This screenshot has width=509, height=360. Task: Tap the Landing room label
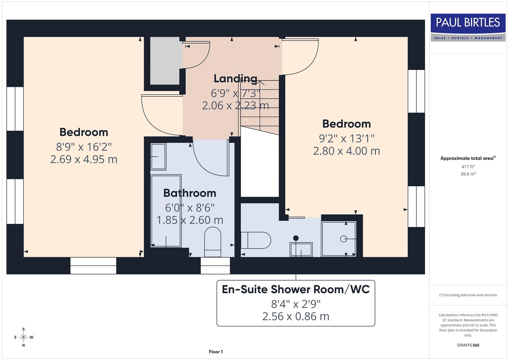coord(235,79)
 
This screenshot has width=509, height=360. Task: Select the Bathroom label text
coord(190,193)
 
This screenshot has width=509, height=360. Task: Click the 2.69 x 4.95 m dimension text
coord(84,159)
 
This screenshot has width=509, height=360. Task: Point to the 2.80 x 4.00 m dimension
coord(346,151)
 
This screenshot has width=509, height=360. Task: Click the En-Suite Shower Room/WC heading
coord(296,289)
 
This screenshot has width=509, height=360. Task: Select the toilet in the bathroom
coord(212,242)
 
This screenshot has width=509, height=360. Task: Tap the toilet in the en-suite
coord(256,240)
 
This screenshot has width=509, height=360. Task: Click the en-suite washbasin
coord(301,249)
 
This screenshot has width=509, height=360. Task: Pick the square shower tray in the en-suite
coord(339,239)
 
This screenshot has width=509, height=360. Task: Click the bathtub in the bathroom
coord(166,211)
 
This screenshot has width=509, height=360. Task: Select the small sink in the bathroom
coord(158,156)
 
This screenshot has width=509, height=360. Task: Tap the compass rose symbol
coord(23,337)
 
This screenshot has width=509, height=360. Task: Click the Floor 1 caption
coord(216,352)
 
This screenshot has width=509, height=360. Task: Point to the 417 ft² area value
coord(468,167)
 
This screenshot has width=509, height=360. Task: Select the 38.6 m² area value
coord(468,174)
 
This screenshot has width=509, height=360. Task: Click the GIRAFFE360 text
coord(468,345)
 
